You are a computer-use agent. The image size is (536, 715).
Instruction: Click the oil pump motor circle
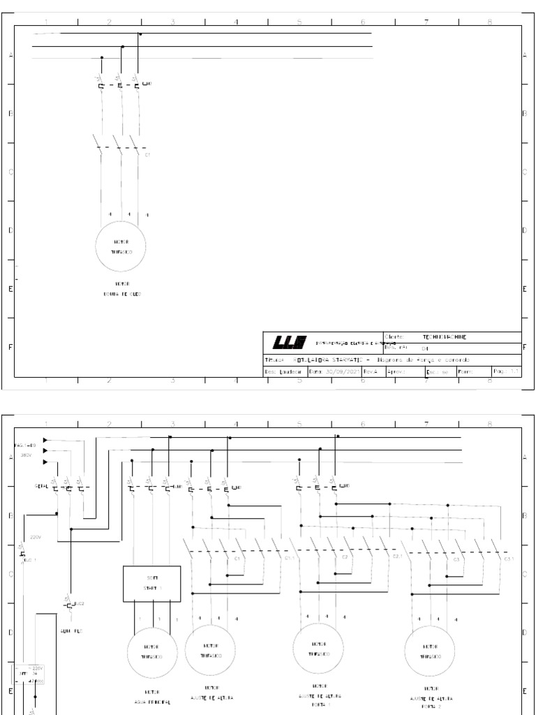pos(119,246)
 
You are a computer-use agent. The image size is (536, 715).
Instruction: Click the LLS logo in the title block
pos(288,341)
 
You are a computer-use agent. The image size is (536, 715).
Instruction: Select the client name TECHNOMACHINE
pos(446,337)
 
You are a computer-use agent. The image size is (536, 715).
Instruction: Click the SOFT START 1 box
pos(152,583)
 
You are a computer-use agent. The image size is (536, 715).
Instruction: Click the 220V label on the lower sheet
pos(36,538)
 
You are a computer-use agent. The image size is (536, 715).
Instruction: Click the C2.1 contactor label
pos(398,556)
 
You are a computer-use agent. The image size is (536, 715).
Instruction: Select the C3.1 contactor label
pos(509,558)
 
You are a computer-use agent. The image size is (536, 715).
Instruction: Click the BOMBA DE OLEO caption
pos(119,294)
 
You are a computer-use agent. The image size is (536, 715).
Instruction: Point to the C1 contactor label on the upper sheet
pos(147,154)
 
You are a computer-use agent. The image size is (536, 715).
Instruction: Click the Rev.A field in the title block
pos(370,371)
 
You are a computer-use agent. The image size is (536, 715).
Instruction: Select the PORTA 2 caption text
pos(431,706)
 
